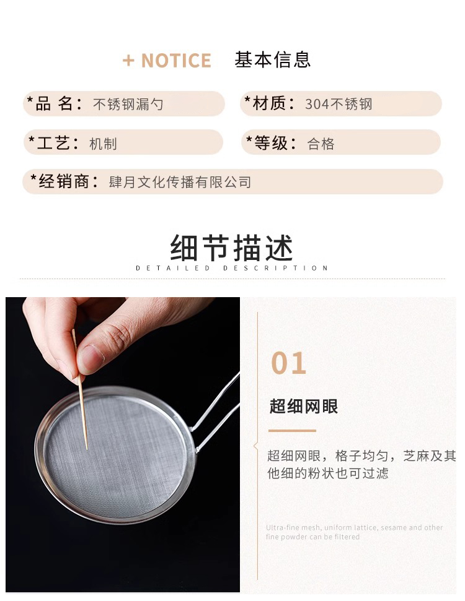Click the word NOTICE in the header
176,61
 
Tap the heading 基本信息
272,60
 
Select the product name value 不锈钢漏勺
128,104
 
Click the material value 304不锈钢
339,104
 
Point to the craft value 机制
103,144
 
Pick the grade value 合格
321,144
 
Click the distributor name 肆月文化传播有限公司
180,182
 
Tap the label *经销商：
64,181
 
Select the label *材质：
270,103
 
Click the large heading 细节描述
232,248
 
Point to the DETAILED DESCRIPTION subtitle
231,268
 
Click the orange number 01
288,363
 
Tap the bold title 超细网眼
303,406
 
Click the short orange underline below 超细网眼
292,431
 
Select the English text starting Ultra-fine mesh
355,532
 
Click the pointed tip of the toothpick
87,449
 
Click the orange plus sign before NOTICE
128,61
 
